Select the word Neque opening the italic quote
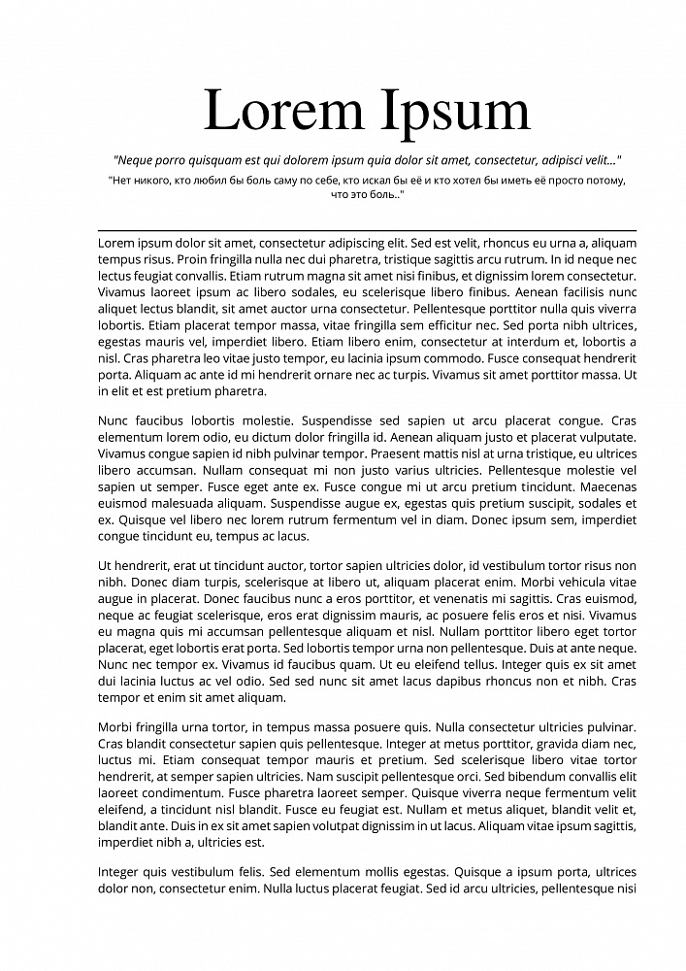click(136, 158)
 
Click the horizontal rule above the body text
click(367, 229)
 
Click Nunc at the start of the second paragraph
click(114, 420)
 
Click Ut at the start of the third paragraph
click(107, 565)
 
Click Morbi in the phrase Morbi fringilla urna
click(116, 726)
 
